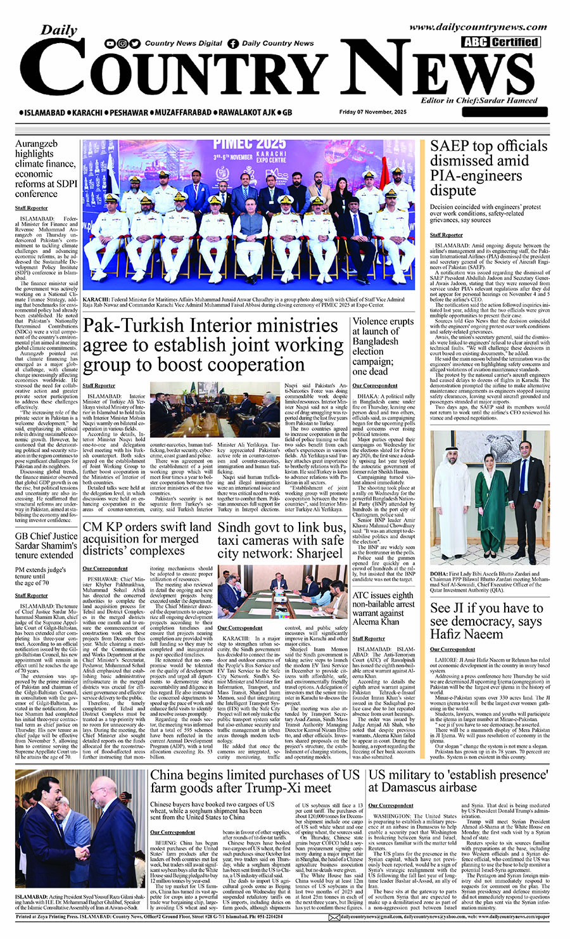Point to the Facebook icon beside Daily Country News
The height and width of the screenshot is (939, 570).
[234, 44]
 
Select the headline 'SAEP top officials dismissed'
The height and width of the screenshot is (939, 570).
[488, 168]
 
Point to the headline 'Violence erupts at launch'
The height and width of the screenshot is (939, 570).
[383, 346]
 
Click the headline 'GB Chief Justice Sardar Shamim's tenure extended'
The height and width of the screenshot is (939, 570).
[46, 545]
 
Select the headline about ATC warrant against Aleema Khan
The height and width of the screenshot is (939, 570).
[383, 608]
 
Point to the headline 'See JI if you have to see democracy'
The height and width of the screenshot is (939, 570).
[486, 620]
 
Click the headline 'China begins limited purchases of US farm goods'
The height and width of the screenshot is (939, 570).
[255, 781]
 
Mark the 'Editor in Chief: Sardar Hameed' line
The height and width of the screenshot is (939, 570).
[479, 100]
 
